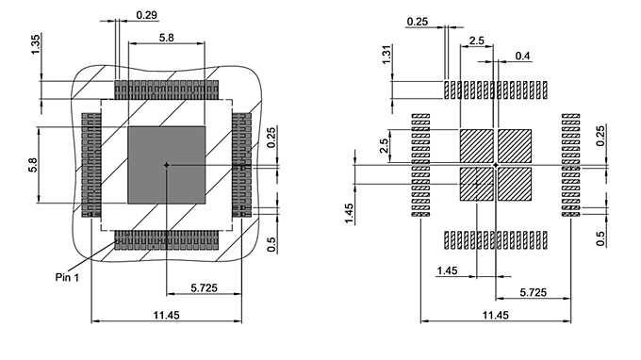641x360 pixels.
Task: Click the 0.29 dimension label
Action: click(146, 15)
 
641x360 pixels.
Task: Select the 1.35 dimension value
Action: click(36, 44)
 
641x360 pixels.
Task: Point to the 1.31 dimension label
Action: click(387, 56)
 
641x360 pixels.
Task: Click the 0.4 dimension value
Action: click(522, 57)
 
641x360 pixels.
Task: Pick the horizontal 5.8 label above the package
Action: click(166, 37)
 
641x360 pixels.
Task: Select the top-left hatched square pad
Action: click(476, 146)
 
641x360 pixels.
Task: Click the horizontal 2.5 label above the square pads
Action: click(477, 41)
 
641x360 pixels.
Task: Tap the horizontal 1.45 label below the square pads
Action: click(449, 271)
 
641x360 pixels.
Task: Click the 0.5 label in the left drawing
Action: click(271, 244)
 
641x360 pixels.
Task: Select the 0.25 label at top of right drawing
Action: click(418, 21)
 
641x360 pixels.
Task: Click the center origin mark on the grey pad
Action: click(166, 165)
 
